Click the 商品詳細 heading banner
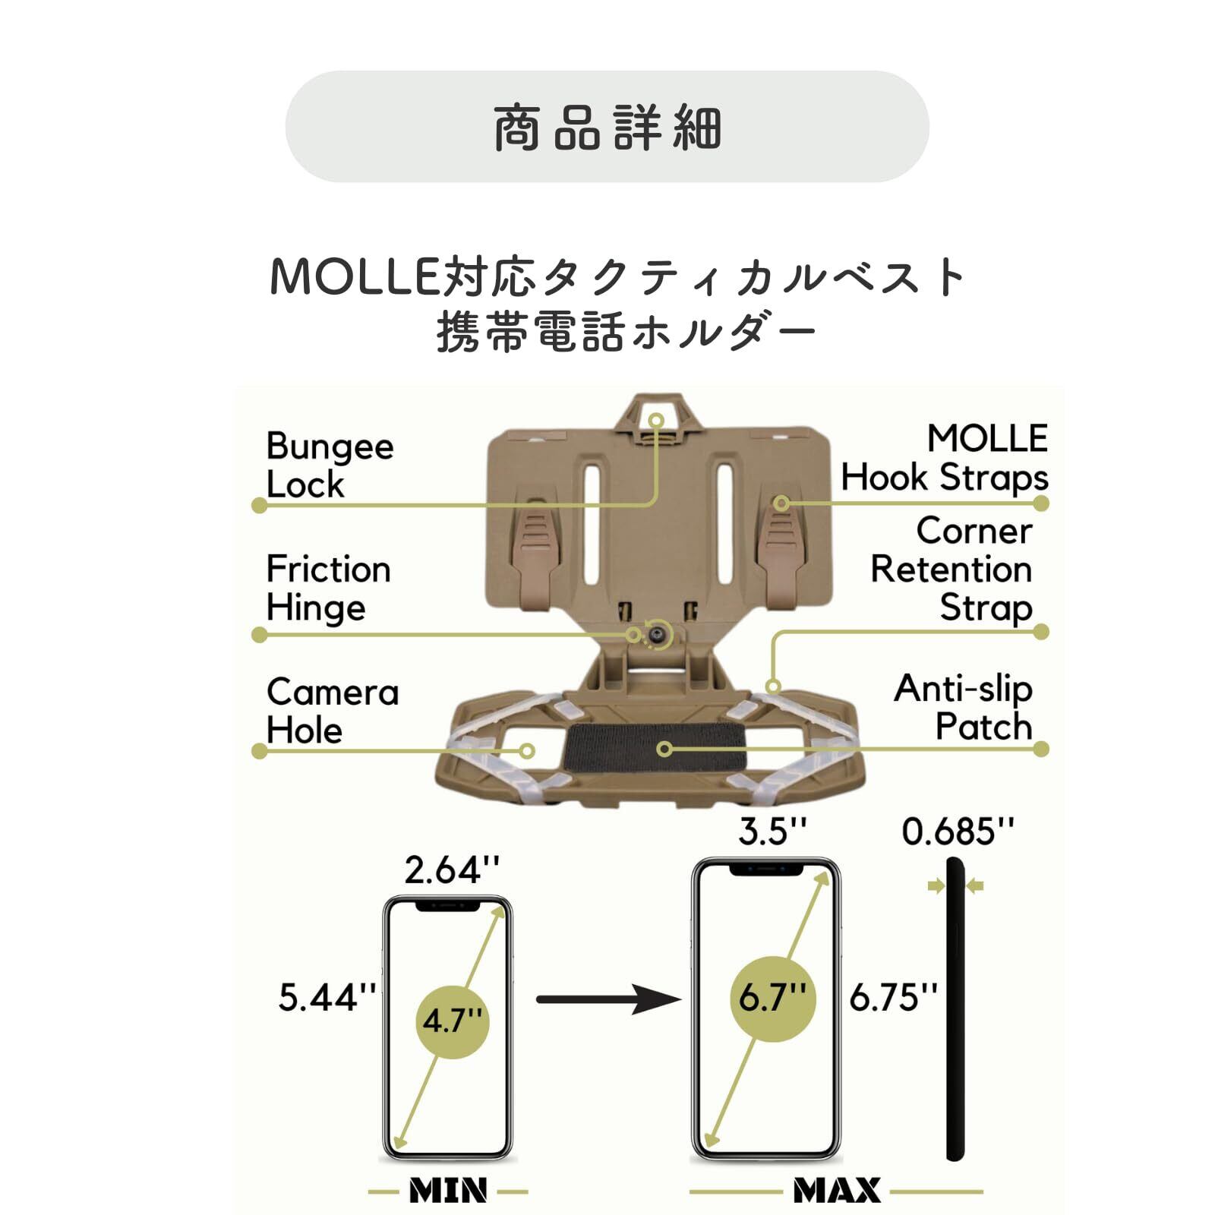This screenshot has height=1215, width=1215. tap(607, 127)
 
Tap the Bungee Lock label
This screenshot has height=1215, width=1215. tap(330, 465)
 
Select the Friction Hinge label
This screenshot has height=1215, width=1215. tap(328, 588)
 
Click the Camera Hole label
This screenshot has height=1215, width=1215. tap(332, 711)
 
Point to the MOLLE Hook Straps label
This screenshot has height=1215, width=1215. tap(945, 458)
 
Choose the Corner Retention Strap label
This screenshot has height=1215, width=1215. tap(952, 569)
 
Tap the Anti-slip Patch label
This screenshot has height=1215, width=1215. tap(964, 707)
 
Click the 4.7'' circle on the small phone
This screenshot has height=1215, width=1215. tap(453, 1021)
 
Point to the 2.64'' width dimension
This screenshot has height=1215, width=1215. tap(452, 870)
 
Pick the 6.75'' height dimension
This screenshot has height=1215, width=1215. tap(894, 997)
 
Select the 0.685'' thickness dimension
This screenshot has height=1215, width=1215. tap(958, 832)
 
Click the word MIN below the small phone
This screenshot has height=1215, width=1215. tap(448, 1190)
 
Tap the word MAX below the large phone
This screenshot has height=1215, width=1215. tap(837, 1190)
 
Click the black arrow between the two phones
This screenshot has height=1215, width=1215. tap(607, 999)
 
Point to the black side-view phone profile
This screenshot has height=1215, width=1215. tap(955, 1018)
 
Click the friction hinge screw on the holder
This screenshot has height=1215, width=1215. tap(655, 636)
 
